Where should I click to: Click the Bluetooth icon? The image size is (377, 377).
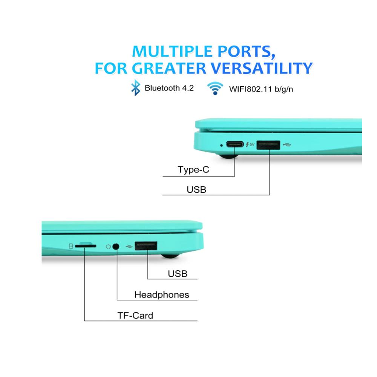(136, 88)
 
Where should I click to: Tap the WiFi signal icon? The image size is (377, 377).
(215, 88)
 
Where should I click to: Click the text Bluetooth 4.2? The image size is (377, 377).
(169, 88)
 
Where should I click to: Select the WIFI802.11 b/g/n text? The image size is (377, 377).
(261, 89)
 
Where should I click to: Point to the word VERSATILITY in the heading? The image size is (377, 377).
(261, 68)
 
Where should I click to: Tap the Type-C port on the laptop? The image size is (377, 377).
(234, 144)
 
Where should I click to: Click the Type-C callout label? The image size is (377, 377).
(193, 170)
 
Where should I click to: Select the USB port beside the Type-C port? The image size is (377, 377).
(268, 145)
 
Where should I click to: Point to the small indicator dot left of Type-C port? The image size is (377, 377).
(221, 145)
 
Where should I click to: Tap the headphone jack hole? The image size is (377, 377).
(116, 247)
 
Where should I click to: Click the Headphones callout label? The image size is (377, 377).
(162, 295)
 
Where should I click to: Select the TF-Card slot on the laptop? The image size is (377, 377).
(86, 246)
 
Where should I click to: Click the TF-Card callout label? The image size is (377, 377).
(135, 316)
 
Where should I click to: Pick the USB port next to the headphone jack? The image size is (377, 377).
(146, 246)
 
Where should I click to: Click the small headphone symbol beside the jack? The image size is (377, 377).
(108, 247)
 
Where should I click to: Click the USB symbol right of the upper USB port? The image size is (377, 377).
(287, 145)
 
